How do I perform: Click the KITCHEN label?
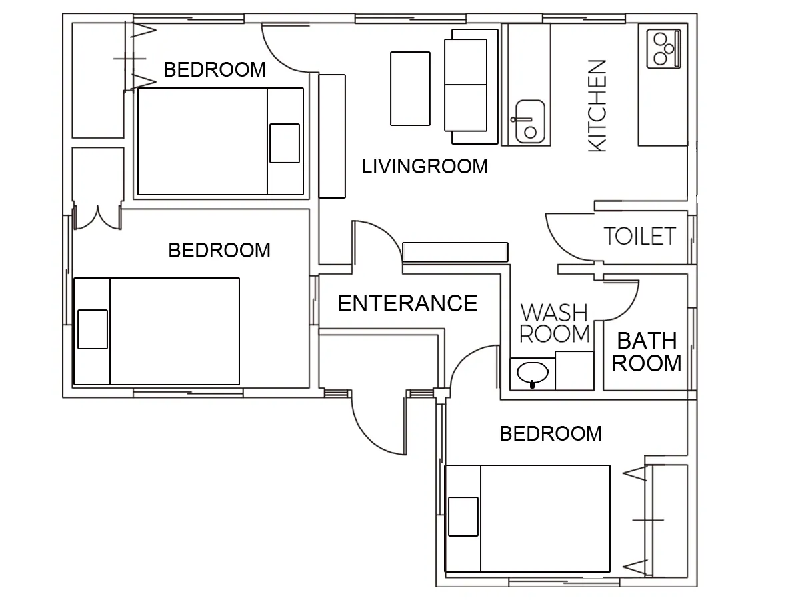tap(597, 105)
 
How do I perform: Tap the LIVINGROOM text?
tap(425, 167)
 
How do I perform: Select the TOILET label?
tap(640, 236)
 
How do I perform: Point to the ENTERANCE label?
tap(408, 303)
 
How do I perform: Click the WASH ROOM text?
tap(555, 323)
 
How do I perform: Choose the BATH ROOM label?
tap(647, 352)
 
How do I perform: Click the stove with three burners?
tap(663, 49)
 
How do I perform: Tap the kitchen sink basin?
tap(530, 122)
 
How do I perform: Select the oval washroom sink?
tap(533, 373)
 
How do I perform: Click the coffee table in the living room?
tap(410, 89)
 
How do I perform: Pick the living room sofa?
tap(471, 87)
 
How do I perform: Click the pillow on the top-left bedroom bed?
tap(285, 143)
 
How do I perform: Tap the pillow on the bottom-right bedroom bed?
tap(463, 517)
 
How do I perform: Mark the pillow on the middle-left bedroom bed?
tap(93, 329)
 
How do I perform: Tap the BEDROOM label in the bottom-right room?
tap(551, 433)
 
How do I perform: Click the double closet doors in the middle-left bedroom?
tap(98, 218)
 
